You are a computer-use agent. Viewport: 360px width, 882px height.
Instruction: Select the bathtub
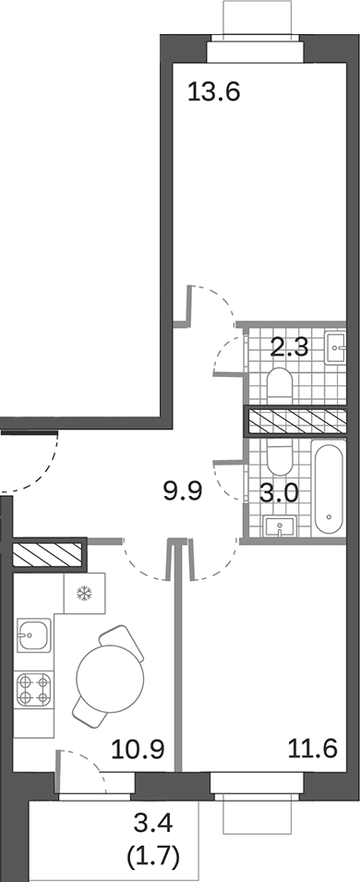coord(329,489)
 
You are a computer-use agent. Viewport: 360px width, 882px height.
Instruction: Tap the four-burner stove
coord(33,687)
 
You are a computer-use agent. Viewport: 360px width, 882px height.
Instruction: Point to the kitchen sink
coord(33,635)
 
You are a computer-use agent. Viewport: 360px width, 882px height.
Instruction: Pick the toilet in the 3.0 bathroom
coord(277,455)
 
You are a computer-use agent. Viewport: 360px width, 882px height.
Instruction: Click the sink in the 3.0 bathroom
coord(279,526)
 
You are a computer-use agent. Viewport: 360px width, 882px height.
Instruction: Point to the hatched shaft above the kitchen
coord(47,555)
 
